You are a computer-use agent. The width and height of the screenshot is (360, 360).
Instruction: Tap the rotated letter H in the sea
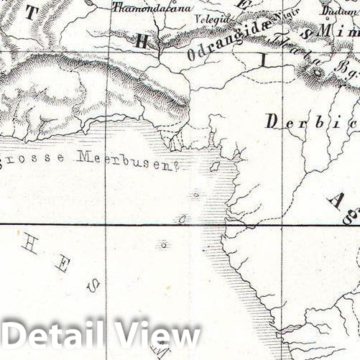pos(29,245)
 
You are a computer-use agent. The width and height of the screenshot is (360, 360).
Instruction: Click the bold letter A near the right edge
pos(336,199)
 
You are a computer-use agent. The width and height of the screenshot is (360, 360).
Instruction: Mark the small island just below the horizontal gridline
pos(165,245)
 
